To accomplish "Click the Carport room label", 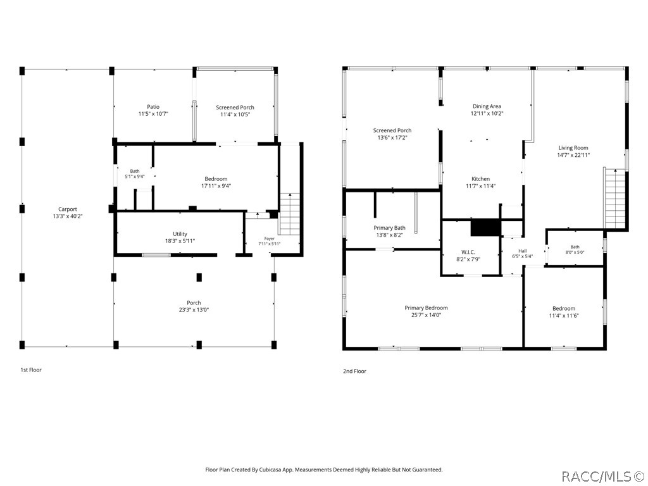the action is click(x=67, y=209).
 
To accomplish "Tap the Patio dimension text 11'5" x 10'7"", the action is click(x=153, y=114).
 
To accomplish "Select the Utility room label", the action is click(x=180, y=234).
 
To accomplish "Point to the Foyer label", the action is click(x=270, y=239).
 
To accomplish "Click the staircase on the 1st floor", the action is click(x=290, y=214).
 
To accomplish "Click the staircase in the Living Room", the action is click(x=615, y=198).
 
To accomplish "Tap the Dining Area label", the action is click(x=487, y=106).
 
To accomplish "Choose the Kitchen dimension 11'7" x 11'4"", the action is click(x=481, y=186).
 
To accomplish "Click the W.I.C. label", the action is click(x=468, y=252).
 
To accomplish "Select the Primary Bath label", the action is click(x=389, y=228).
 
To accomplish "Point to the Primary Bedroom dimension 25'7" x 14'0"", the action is click(x=426, y=315).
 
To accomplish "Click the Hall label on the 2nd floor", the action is click(x=522, y=251).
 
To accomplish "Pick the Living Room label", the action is click(x=573, y=147).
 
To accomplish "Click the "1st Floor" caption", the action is click(x=31, y=370).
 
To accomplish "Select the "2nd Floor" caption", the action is click(x=354, y=371).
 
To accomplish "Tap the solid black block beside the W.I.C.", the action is click(x=485, y=228).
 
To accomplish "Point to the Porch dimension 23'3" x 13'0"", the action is click(x=194, y=309).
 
